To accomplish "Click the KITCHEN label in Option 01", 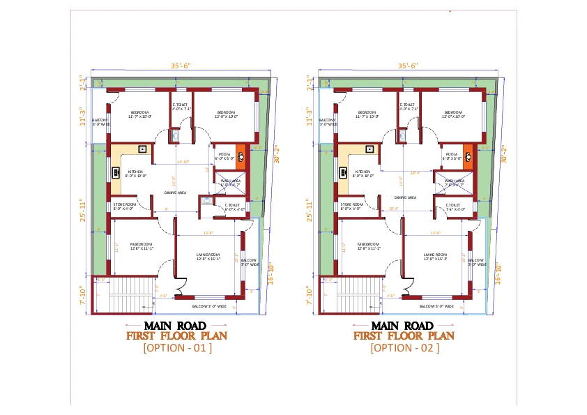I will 135,172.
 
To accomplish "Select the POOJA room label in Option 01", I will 224,154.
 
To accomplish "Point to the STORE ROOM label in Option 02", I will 351,205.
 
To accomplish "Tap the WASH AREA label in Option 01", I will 230,181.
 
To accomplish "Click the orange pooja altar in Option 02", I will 468,155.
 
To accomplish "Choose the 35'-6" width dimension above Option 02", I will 407,66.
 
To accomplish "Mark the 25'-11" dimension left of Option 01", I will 83,209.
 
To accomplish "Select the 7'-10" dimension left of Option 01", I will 83,294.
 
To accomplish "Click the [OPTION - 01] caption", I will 177,347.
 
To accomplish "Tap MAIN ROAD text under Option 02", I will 404,326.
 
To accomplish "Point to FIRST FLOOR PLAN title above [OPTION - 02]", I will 404,335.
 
